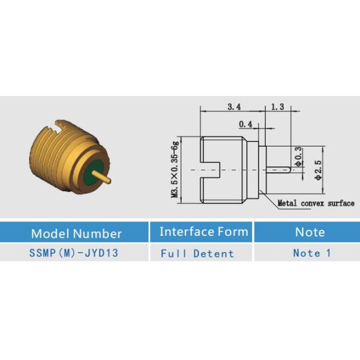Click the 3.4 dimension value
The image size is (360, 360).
point(234,107)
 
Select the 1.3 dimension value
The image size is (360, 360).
point(278,107)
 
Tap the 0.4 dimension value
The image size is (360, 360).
point(245,124)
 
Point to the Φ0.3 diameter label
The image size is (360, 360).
point(298,157)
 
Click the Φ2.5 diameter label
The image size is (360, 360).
point(319,170)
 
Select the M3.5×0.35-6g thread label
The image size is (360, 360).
point(175,169)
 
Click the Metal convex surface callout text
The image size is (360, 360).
point(316,203)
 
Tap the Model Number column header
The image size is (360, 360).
point(76,233)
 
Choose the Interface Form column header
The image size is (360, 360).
point(204,232)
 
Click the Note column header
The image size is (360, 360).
point(310,232)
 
